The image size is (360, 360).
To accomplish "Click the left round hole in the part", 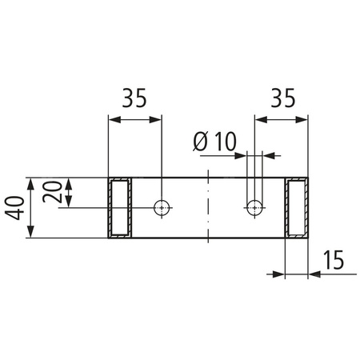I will point(162,208).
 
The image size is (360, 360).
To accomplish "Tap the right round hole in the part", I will point(254,208).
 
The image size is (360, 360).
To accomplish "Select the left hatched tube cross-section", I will point(120,208).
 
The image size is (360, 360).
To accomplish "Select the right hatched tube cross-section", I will point(297,208).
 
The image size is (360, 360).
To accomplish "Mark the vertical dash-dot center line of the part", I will point(208,208).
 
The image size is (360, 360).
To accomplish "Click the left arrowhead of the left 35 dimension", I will point(113,120).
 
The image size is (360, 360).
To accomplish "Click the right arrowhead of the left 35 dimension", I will point(158,120).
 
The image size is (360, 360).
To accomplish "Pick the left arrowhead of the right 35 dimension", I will point(259,120).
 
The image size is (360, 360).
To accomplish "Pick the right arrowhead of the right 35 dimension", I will point(304,120).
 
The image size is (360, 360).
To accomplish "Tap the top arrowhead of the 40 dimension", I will point(30,182).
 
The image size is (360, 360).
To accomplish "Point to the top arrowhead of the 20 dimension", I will point(70,182).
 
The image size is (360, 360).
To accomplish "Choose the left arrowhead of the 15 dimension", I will point(281,274).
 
